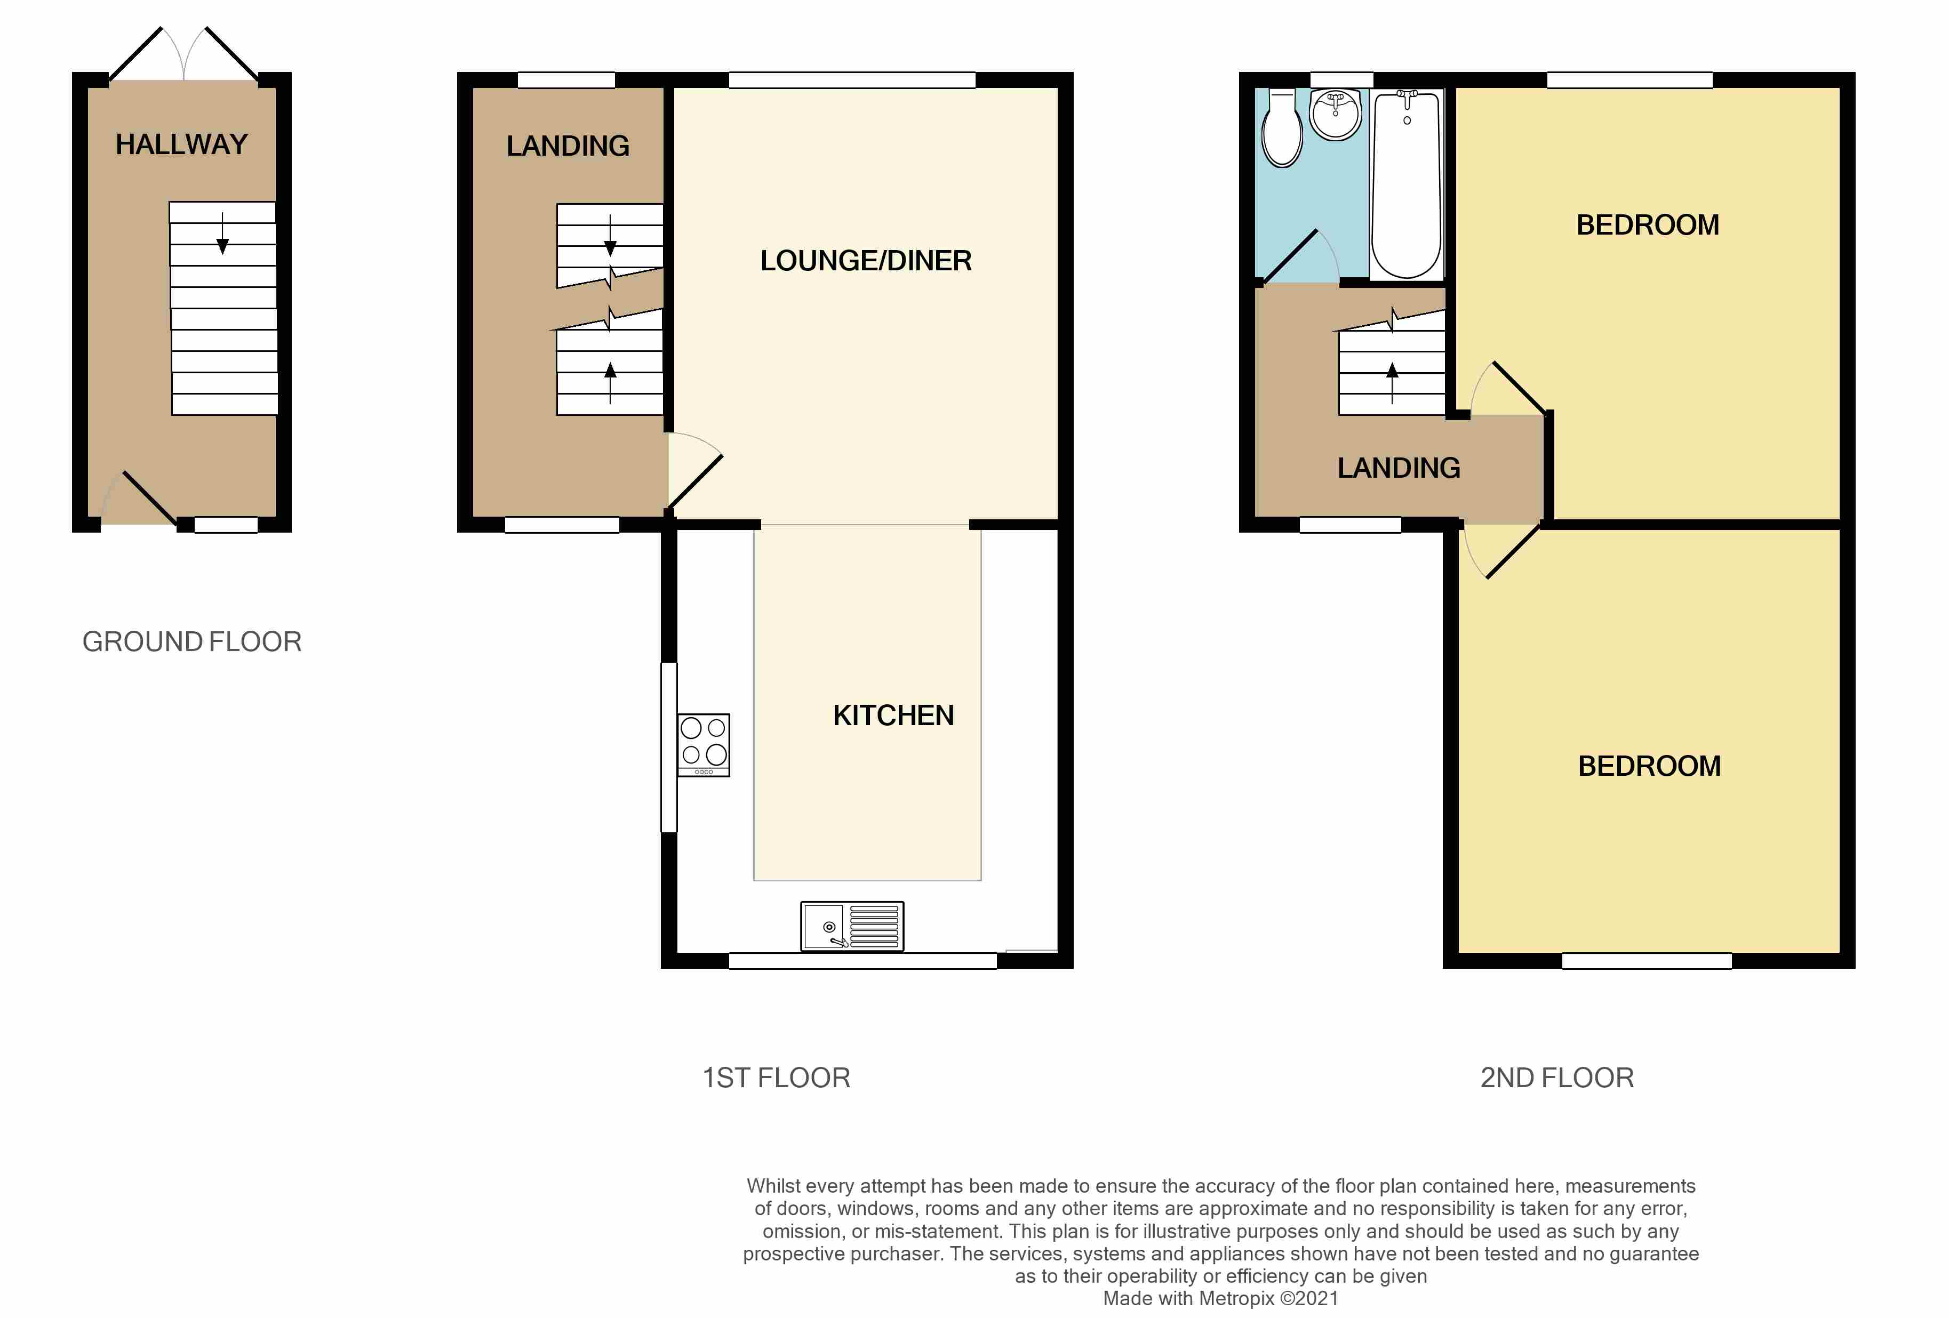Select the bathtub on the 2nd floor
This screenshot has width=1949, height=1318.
[1407, 184]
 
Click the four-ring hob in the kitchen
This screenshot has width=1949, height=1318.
[703, 744]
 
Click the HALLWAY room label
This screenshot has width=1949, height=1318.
[181, 144]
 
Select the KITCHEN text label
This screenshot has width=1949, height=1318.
[892, 715]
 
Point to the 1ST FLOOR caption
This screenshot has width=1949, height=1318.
[776, 1078]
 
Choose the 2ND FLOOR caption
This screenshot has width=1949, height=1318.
[1556, 1078]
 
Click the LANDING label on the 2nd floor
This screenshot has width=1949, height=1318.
[1398, 468]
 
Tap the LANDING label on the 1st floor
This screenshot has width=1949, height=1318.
[567, 146]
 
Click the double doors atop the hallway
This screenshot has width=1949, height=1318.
[183, 55]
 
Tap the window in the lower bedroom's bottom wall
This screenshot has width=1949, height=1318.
[1646, 961]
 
